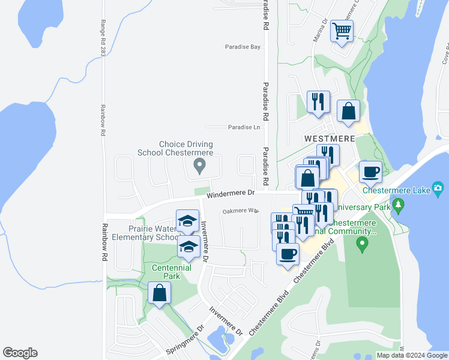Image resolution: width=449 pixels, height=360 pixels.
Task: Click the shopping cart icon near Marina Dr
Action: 342,31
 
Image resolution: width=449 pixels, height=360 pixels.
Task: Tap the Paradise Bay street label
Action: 243,47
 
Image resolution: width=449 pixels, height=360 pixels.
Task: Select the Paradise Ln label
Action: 244,127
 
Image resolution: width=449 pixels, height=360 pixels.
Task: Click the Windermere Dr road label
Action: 231,194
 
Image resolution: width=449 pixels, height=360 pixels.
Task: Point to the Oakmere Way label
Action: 240,211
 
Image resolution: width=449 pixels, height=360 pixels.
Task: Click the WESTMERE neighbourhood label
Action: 330,138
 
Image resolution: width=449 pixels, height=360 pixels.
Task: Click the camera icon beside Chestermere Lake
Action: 439,190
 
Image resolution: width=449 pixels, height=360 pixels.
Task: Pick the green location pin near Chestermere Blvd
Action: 361,244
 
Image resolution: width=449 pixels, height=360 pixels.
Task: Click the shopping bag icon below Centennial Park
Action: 159,293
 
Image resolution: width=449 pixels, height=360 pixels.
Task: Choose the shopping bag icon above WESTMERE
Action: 349,111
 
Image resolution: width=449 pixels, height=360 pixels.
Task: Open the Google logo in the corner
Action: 20,353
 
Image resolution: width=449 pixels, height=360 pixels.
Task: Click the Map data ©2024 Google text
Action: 411,355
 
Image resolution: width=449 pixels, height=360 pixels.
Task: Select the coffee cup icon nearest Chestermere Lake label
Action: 370,172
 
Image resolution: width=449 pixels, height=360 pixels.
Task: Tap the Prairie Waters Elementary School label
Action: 154,233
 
